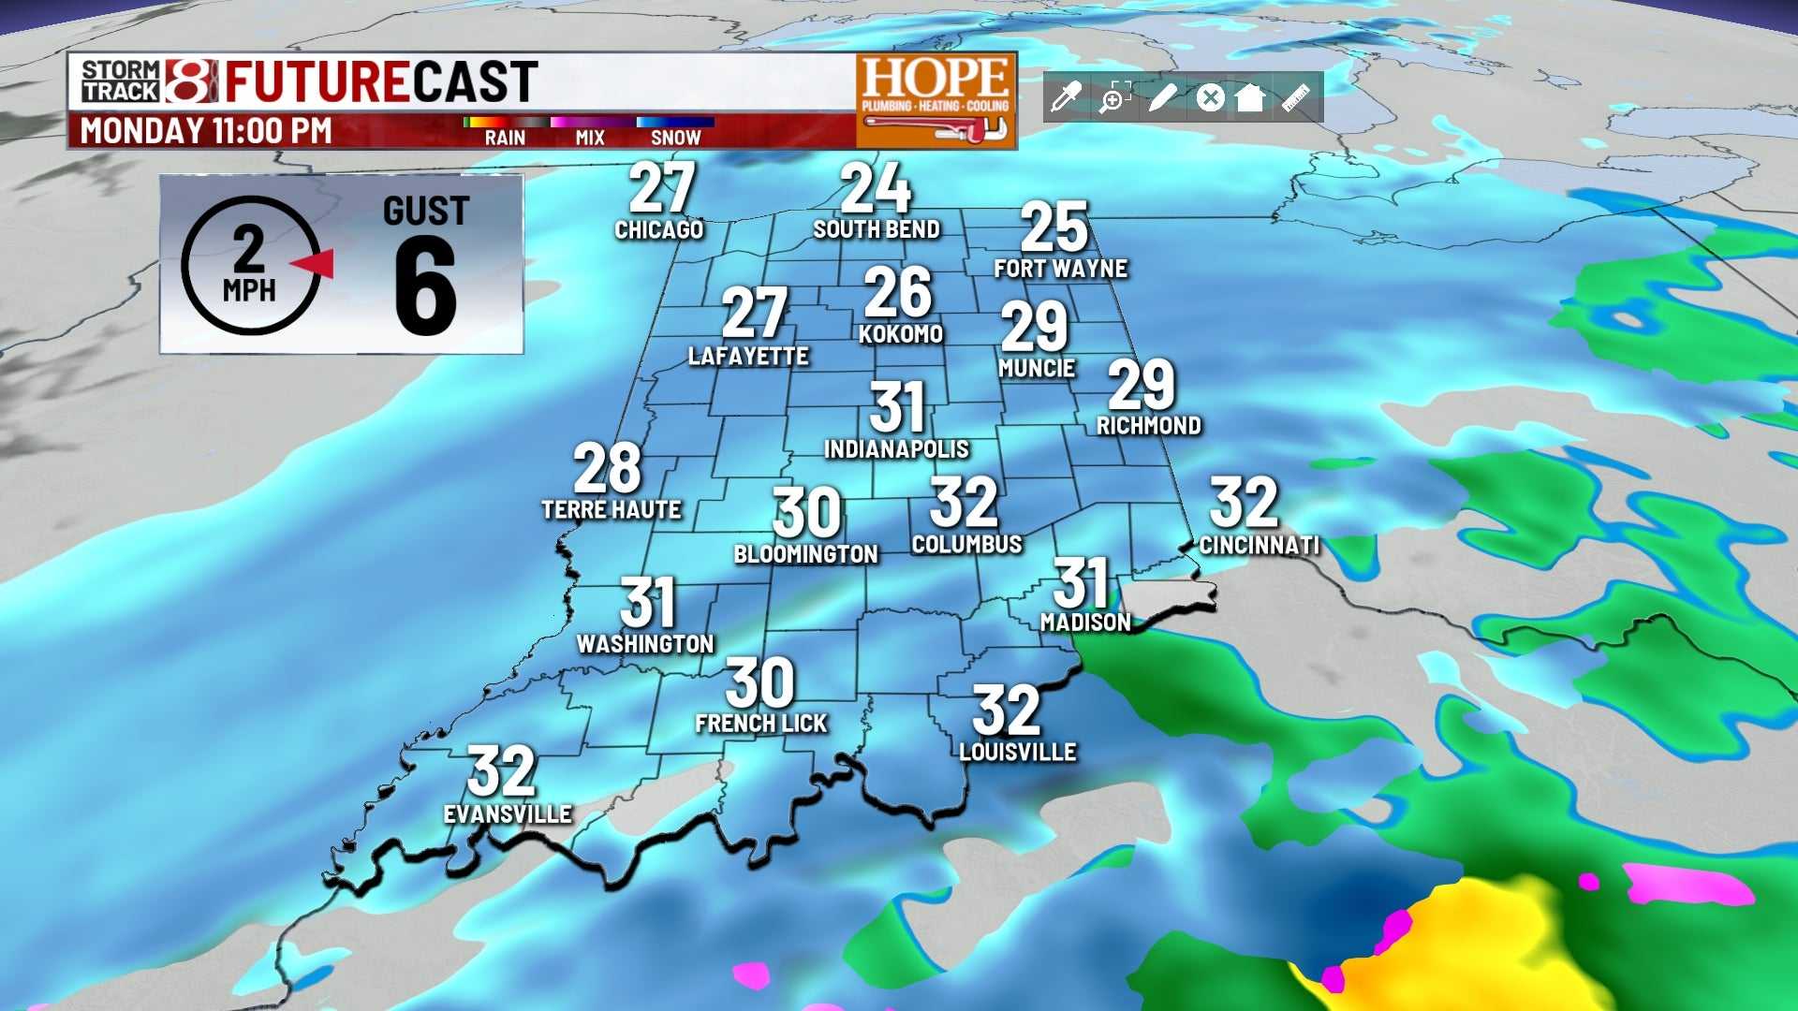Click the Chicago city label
coord(658,229)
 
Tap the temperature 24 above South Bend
coord(875,189)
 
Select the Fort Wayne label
coord(1060,269)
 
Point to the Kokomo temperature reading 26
coord(897,292)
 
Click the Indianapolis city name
coord(896,449)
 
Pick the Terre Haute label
coord(612,510)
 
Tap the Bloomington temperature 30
coord(806,513)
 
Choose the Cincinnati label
coord(1259,545)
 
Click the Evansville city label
coord(508,814)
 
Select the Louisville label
coord(1018,752)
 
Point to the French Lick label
coord(761,724)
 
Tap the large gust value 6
coord(425,286)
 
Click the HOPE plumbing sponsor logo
coord(936,100)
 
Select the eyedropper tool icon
coord(1067,96)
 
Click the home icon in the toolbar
coord(1250,96)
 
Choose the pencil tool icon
coord(1161,96)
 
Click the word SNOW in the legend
coord(675,138)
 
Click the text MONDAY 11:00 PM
coord(206,131)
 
